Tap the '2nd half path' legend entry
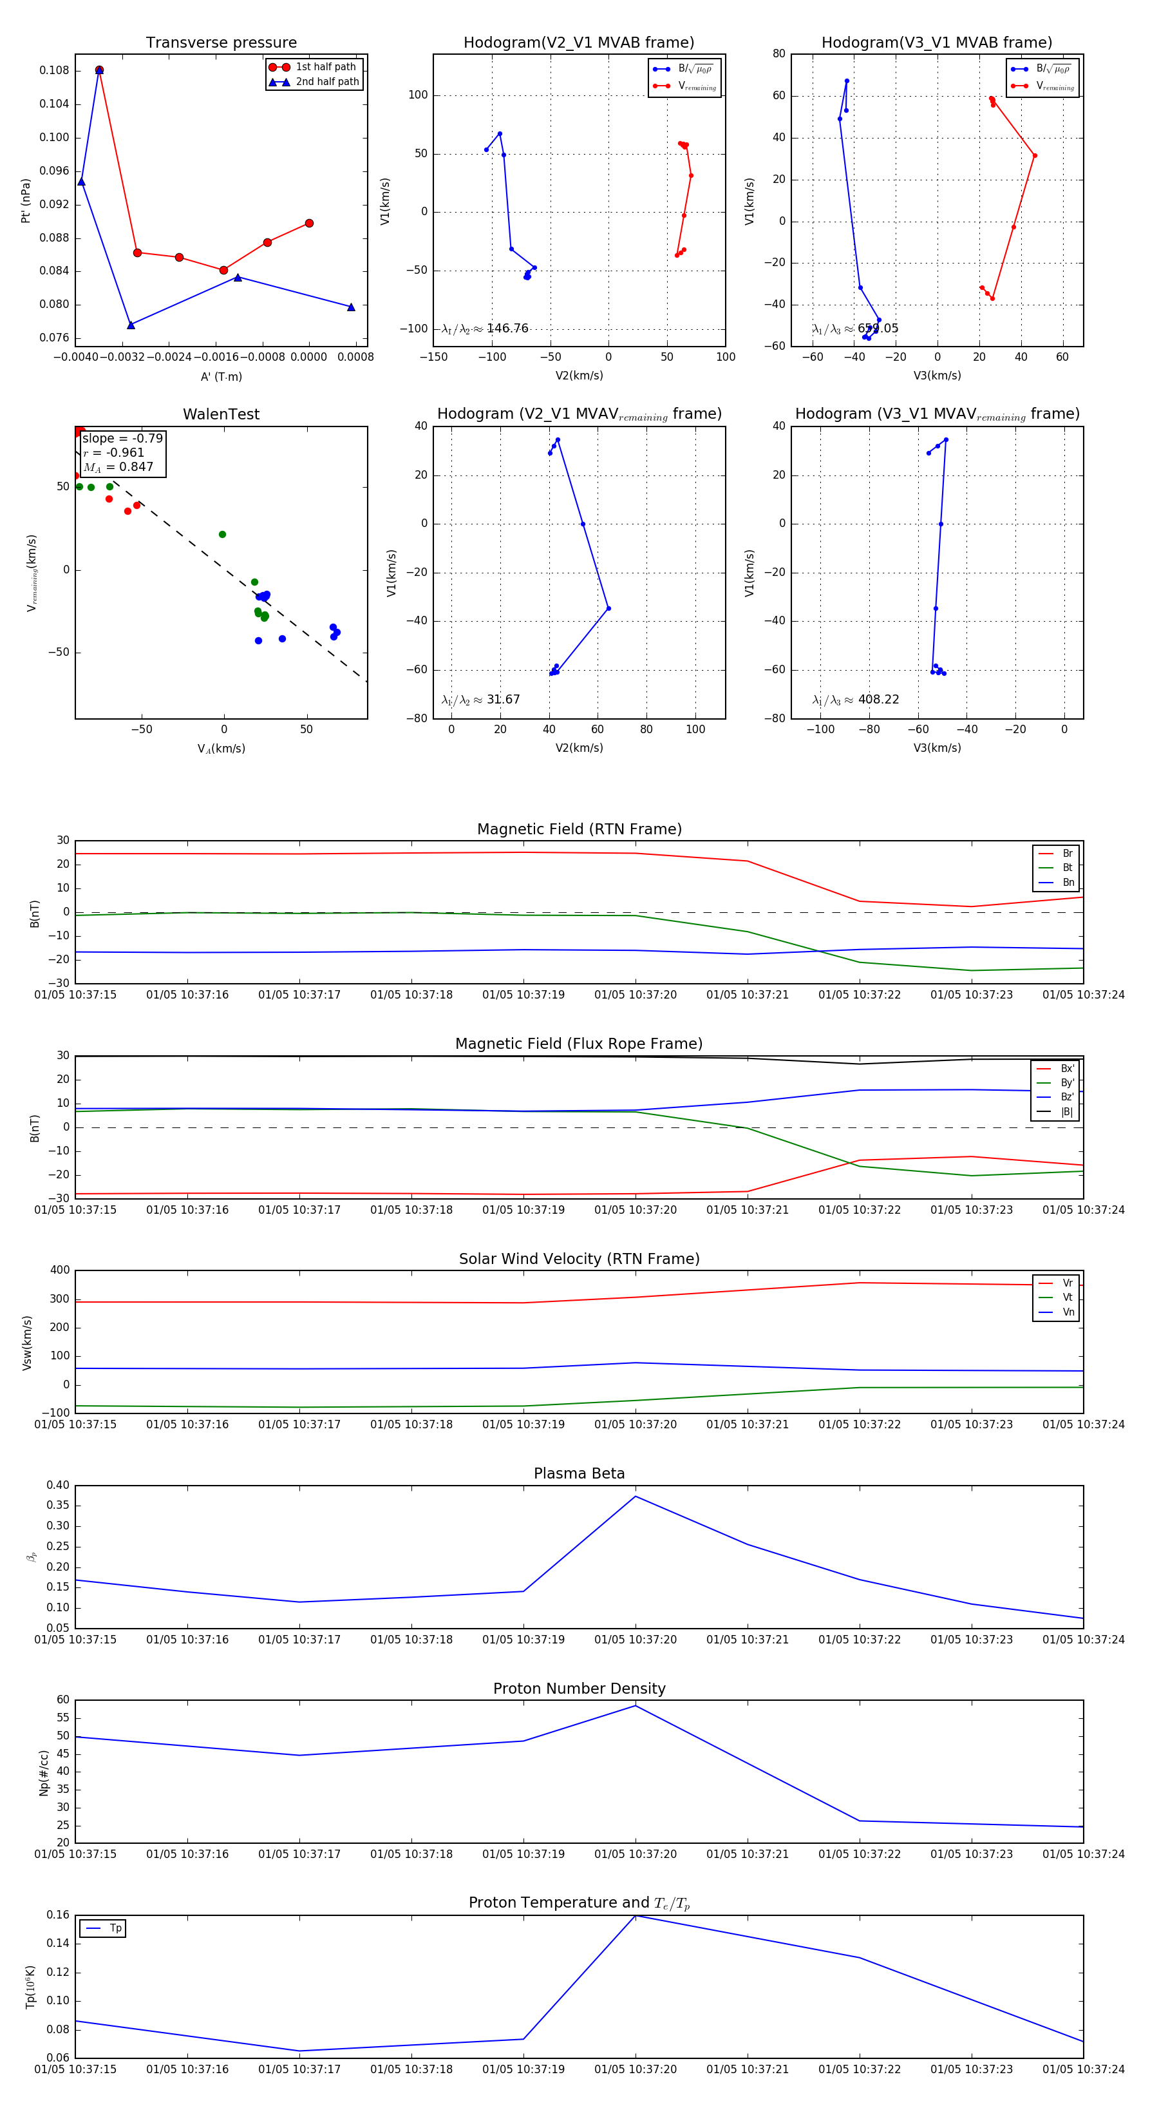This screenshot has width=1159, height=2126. [326, 82]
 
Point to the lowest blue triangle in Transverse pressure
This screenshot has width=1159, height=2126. [130, 325]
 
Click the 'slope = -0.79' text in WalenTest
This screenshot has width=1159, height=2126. [122, 438]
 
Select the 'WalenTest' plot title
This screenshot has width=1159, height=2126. [221, 414]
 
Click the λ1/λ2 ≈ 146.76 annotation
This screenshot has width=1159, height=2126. [485, 329]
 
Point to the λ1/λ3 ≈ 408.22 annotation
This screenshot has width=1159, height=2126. [856, 700]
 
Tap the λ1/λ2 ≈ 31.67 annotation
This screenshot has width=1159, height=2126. [481, 700]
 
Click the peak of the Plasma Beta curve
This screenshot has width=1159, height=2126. [635, 1497]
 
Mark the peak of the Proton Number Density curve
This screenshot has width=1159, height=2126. [635, 1706]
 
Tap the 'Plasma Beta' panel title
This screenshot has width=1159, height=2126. [579, 1474]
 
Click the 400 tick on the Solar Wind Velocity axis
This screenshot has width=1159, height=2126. [59, 1270]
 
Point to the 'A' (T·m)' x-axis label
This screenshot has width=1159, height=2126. [221, 376]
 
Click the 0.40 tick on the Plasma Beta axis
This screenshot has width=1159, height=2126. [58, 1486]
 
